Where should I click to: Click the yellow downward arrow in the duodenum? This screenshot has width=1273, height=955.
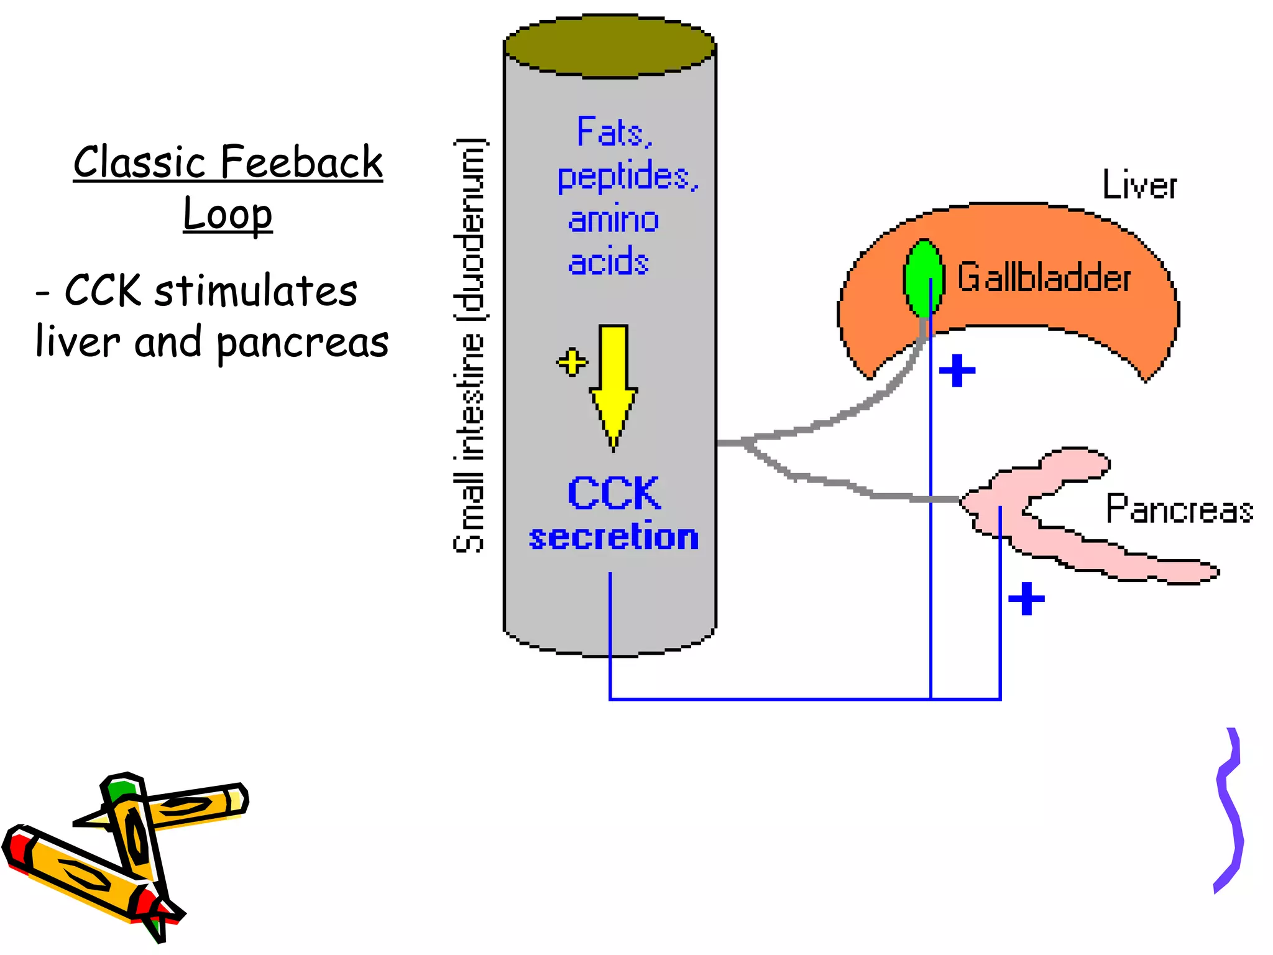pos(614,379)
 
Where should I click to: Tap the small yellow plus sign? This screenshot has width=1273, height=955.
pos(572,362)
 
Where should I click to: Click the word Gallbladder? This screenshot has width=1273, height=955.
pos(1044,277)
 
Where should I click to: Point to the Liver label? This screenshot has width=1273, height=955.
pos(1139,185)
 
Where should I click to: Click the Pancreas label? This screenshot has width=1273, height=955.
pos(1179,509)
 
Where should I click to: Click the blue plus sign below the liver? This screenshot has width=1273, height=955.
pos(957,371)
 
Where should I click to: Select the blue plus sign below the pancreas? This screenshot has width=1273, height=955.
pos(1026,599)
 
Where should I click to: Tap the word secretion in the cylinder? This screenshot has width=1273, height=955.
pos(614,537)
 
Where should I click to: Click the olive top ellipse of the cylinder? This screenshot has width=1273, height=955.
pos(609,47)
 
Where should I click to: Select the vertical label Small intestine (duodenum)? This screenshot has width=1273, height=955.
pos(470,345)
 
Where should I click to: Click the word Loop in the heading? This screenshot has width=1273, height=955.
pos(227,215)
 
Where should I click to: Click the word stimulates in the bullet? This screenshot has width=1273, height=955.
pos(255,290)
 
